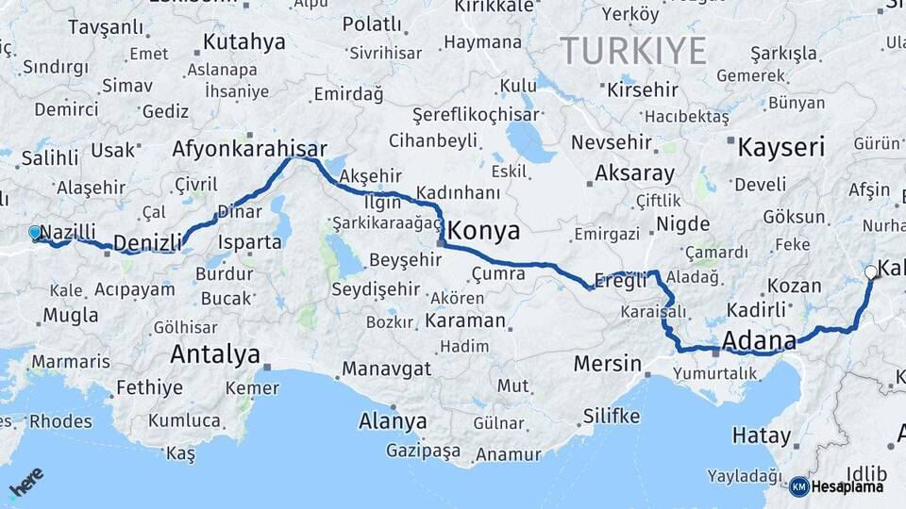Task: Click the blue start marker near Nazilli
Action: (35, 232)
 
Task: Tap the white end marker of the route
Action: (870, 272)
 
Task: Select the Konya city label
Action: (483, 229)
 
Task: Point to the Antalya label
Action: (214, 354)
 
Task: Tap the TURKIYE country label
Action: (633, 49)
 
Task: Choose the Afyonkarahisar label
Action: (249, 149)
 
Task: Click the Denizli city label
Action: (146, 244)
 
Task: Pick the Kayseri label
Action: (780, 147)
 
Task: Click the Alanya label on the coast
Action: (393, 421)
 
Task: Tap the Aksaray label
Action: (634, 173)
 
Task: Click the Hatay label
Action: (761, 435)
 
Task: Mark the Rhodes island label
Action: (61, 420)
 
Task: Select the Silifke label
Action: (612, 416)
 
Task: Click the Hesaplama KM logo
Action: (836, 486)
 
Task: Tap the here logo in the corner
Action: (26, 484)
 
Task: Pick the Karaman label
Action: (465, 320)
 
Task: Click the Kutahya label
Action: (243, 41)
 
